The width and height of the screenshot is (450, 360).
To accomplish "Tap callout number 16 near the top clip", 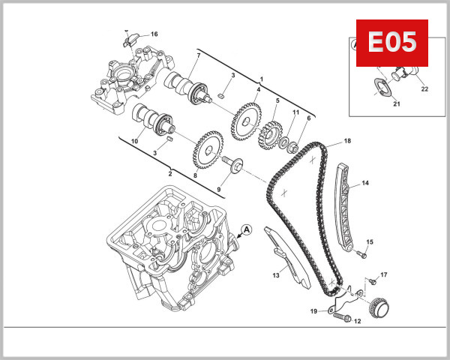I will click(154, 34).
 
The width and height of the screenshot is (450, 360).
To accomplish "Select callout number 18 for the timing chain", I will click(347, 141).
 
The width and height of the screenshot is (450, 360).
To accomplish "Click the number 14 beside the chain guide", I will click(365, 182).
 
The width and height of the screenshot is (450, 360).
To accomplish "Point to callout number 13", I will click(276, 275).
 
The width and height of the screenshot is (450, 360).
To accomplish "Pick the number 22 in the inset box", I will click(424, 89).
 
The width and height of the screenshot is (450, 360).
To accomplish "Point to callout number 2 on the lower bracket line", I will click(170, 173).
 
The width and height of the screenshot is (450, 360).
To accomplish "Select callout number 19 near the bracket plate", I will click(314, 310).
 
